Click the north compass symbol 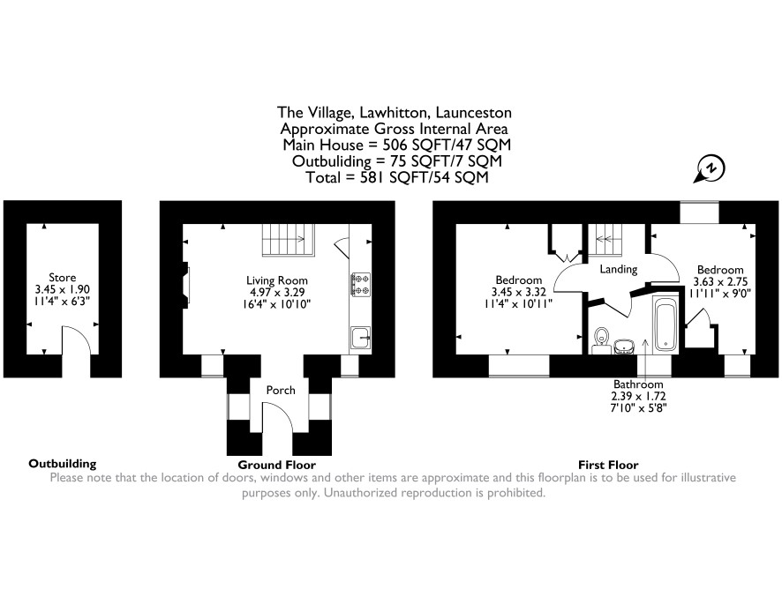pos(710,169)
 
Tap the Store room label pos(63,278)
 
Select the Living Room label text pos(277,280)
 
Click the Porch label pos(281,391)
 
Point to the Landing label pos(619,269)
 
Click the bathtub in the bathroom pos(665,323)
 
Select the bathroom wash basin pos(624,346)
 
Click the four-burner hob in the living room pos(361,284)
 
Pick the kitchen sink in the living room pos(361,338)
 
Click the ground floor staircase pos(289,240)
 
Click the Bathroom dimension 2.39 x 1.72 pos(639,396)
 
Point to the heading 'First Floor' pos(608,465)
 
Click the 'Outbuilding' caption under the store pos(63,464)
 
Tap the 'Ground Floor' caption pos(277,465)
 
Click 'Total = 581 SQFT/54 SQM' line pos(397,177)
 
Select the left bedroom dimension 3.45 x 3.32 pos(519,292)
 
